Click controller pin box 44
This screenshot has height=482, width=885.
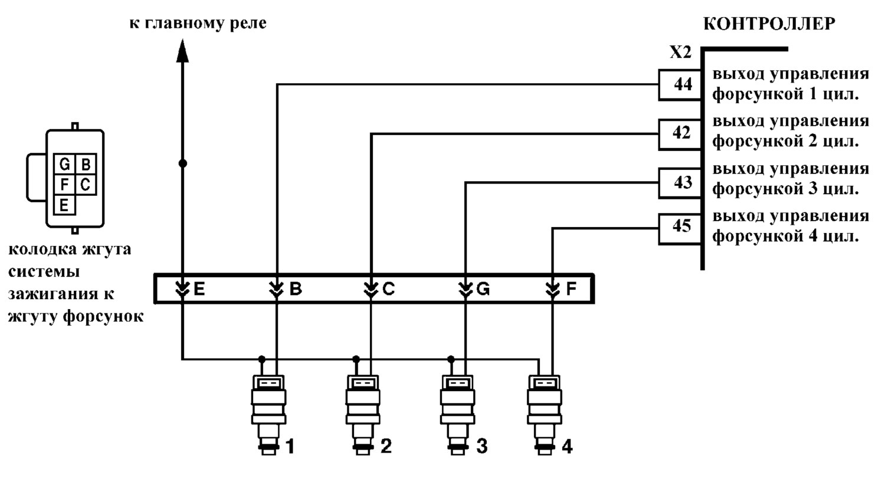tap(680, 85)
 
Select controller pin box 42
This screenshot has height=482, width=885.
tap(680, 135)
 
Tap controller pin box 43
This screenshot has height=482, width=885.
tap(680, 183)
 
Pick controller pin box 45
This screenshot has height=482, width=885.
tap(680, 229)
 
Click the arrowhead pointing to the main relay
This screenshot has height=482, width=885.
tap(182, 51)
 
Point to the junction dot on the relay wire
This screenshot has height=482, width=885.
tap(182, 163)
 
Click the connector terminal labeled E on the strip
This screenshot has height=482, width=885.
tap(199, 289)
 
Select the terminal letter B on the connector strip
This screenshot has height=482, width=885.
tap(296, 289)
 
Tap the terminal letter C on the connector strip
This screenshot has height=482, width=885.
tap(389, 289)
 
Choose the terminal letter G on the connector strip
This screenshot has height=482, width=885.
tap(483, 289)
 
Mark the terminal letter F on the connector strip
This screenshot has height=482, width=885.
tap(571, 289)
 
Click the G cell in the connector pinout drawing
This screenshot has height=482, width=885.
tap(64, 163)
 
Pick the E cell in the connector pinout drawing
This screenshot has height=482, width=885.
tap(64, 205)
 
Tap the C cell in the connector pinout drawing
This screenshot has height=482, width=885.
tap(86, 185)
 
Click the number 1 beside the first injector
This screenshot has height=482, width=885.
tap(290, 447)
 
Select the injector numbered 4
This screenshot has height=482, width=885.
tap(545, 415)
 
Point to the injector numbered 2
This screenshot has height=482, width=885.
tap(363, 415)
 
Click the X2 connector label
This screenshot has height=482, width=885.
tap(680, 52)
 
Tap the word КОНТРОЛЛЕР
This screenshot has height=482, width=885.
tap(769, 24)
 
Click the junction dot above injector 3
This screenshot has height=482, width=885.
tap(451, 359)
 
